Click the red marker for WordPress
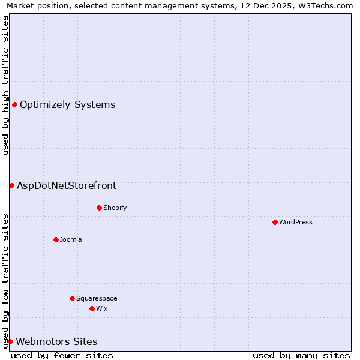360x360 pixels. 275,222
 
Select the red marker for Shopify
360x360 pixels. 99,208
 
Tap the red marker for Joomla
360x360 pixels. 56,239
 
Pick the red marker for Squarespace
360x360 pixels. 72,298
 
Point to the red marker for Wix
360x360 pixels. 92,308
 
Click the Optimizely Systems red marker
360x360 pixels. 14,105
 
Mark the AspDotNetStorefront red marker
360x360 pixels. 11,185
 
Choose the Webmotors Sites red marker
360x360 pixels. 10,341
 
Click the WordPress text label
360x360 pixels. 296,222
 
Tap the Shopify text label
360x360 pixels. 115,208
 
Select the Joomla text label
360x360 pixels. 71,239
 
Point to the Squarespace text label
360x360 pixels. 97,298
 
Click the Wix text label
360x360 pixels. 102,308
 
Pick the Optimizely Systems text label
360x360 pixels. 67,105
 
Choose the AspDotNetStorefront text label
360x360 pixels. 67,185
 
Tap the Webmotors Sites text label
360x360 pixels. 56,341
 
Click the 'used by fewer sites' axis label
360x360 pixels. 62,355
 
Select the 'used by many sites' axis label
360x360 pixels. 301,355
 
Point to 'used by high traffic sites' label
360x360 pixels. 5,85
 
